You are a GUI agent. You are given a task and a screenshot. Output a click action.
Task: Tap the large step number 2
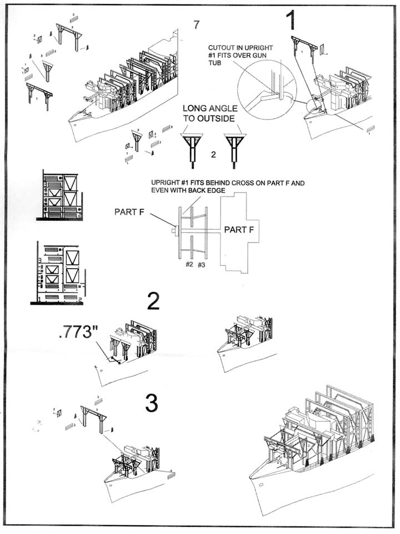[153, 301]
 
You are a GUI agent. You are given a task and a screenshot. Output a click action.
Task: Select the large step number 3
[152, 402]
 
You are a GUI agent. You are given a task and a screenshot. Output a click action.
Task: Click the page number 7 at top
[196, 24]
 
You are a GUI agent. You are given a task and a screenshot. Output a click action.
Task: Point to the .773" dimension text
[77, 335]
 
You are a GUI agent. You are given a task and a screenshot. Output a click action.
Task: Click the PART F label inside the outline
[240, 229]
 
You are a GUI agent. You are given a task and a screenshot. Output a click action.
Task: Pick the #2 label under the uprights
[189, 265]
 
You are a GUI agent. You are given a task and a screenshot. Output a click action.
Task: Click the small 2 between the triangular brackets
[213, 155]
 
